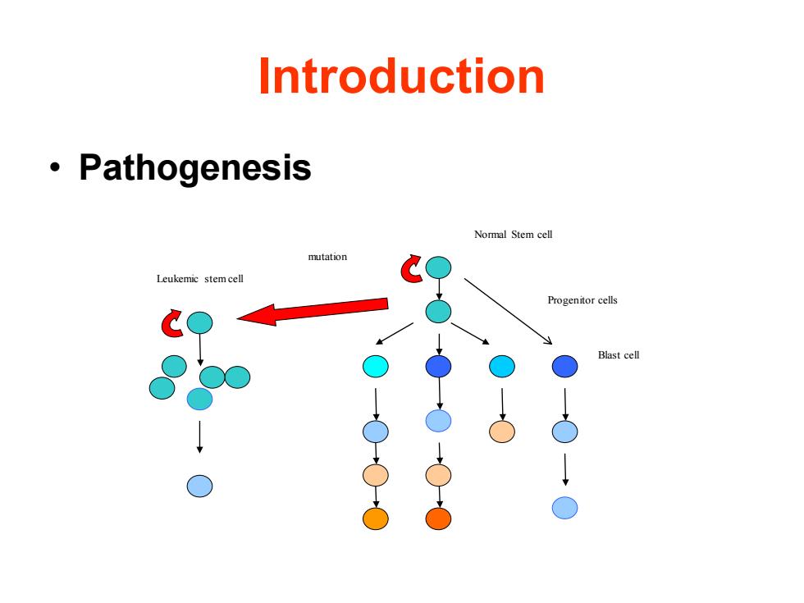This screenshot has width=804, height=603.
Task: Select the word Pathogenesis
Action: tap(195, 167)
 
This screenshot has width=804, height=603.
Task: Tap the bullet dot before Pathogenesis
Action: tap(55, 167)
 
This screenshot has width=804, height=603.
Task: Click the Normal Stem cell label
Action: tap(514, 235)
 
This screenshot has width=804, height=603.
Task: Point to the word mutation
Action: tap(327, 256)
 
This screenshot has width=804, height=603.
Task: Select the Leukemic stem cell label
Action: tap(200, 278)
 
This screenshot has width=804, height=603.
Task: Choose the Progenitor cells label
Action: tap(582, 300)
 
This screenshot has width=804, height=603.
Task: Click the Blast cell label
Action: tap(619, 354)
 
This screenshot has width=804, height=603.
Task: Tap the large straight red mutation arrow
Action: tap(313, 311)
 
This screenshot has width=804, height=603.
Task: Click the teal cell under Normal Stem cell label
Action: tap(438, 267)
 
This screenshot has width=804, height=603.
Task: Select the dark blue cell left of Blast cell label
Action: tap(565, 366)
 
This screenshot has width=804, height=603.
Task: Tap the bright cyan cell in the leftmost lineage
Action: tap(376, 366)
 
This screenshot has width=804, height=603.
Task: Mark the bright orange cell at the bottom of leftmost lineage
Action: tap(376, 518)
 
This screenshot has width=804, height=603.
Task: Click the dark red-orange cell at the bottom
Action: tap(438, 518)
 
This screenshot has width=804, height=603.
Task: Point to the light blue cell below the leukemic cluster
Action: tap(199, 486)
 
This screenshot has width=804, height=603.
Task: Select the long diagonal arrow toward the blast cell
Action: tap(508, 311)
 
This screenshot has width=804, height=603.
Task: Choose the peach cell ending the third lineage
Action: tap(502, 432)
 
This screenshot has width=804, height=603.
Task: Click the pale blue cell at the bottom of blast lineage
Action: tap(565, 508)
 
